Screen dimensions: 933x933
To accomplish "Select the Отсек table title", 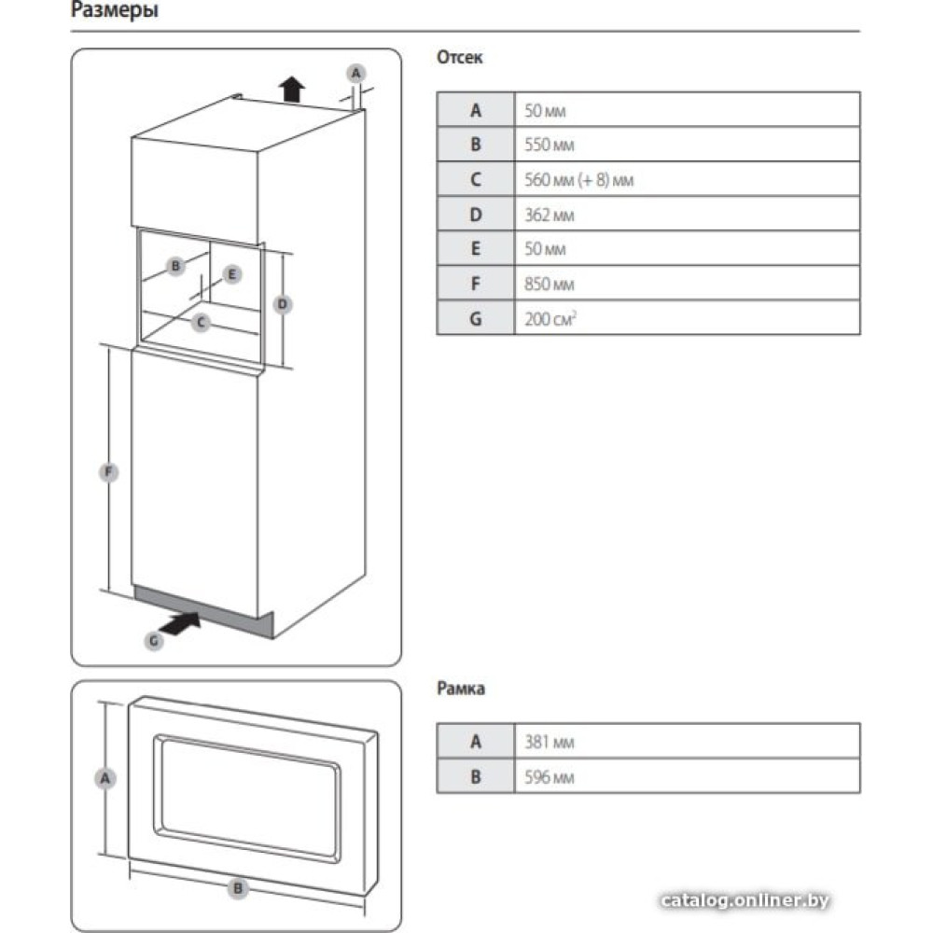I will tap(459, 58).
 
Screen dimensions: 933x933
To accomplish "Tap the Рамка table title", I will tap(461, 689).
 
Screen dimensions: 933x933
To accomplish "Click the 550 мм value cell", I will tap(550, 145).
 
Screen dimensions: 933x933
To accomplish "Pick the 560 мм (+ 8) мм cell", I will tap(579, 179).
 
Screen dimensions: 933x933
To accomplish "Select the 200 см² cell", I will tap(550, 318).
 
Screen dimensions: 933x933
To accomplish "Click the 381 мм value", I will tap(550, 742).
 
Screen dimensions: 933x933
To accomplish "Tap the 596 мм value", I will tap(550, 776).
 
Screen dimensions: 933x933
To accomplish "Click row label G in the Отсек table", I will tap(476, 318).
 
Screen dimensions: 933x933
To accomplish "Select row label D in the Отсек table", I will tap(476, 215).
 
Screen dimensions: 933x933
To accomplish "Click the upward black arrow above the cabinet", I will tap(293, 89).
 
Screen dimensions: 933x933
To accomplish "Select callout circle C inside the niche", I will tap(201, 324).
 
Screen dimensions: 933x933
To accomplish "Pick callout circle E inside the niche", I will tap(233, 274).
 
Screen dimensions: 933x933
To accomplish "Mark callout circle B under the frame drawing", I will tap(238, 888).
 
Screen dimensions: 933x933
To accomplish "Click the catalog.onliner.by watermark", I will tap(744, 900).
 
